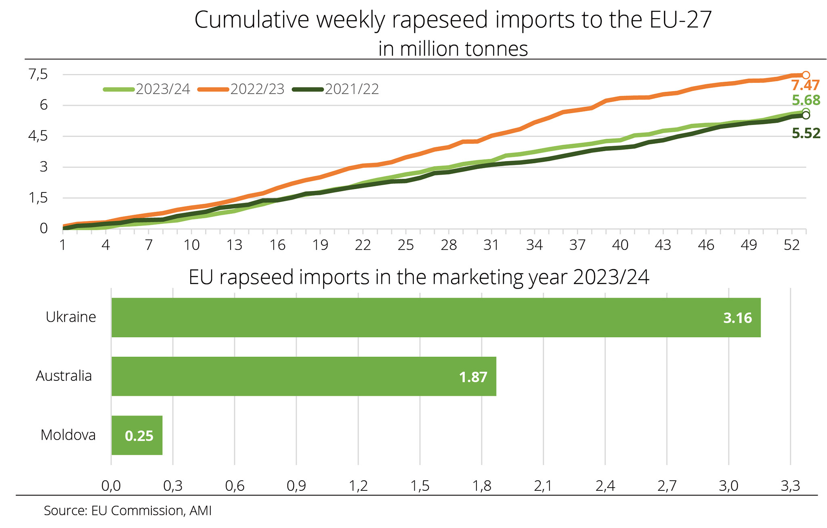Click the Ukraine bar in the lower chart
(x=436, y=317)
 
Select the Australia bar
(x=304, y=376)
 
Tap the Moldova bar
(x=137, y=435)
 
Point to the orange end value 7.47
(x=805, y=85)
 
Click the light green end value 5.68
(x=806, y=100)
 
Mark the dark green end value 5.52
(x=806, y=133)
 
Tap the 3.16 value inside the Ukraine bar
(x=737, y=318)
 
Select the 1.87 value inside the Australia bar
(x=473, y=377)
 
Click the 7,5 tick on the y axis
(x=38, y=74)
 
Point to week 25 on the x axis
(x=405, y=245)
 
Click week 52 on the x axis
(x=791, y=245)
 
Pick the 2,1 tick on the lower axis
(x=543, y=486)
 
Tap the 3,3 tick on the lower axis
(x=790, y=486)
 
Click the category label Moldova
(x=68, y=435)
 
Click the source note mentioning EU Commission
(x=128, y=511)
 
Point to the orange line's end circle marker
(x=806, y=75)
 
